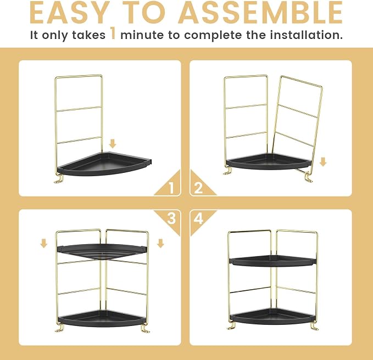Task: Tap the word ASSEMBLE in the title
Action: (x=260, y=13)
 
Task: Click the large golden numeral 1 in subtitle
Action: (x=113, y=33)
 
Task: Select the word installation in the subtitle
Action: (x=307, y=35)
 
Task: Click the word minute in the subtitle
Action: (x=142, y=35)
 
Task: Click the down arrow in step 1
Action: (x=113, y=144)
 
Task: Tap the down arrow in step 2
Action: (x=323, y=162)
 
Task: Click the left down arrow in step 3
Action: (x=43, y=244)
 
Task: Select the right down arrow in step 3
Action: (x=160, y=244)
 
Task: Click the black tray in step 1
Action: (x=105, y=164)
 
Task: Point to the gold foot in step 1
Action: (x=59, y=179)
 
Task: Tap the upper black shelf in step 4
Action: (x=273, y=261)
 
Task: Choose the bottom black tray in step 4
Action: (x=274, y=317)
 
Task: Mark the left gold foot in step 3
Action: (x=59, y=328)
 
